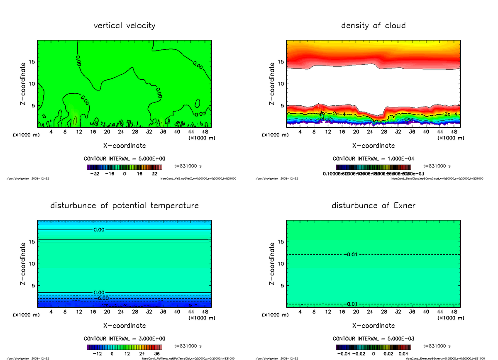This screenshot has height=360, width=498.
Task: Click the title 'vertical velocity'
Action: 124,26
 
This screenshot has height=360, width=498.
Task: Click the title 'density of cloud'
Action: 373,26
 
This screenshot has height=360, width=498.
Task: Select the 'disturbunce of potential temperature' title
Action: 124,206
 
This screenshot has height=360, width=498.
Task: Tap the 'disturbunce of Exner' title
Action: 373,206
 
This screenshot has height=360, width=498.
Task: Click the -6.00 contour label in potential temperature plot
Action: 101,298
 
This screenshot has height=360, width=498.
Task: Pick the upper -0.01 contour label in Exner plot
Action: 351,254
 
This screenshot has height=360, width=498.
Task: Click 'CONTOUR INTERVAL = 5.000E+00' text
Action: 124,159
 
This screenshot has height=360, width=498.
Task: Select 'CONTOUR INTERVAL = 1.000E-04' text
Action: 373,159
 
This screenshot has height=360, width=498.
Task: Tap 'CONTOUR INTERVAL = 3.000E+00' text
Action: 124,338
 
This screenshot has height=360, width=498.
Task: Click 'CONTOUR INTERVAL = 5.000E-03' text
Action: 373,338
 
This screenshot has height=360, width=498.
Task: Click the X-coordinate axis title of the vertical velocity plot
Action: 124,146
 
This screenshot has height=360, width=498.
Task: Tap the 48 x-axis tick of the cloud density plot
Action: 454,132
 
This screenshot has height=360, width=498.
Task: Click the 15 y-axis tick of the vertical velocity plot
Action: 32,62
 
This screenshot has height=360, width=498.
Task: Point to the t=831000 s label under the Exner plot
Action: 437,346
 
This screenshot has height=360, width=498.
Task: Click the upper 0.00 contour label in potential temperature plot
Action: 100,230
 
